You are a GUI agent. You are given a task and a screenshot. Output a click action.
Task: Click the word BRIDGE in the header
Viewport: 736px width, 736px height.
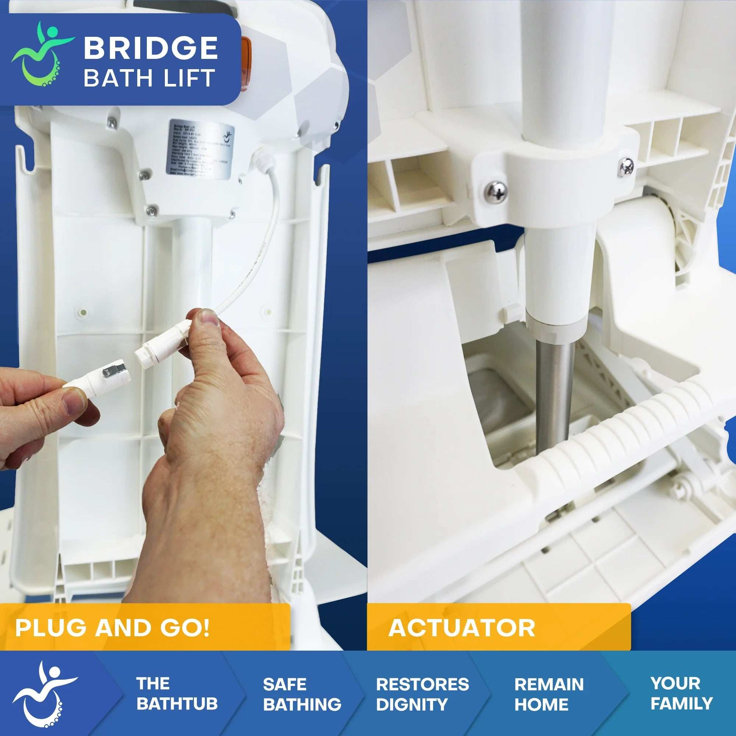[x=151, y=48]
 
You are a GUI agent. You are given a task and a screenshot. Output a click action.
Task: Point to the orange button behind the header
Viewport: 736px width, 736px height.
[x=247, y=53]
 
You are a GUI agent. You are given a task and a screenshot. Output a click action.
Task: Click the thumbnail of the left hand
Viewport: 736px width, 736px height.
[x=72, y=403]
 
